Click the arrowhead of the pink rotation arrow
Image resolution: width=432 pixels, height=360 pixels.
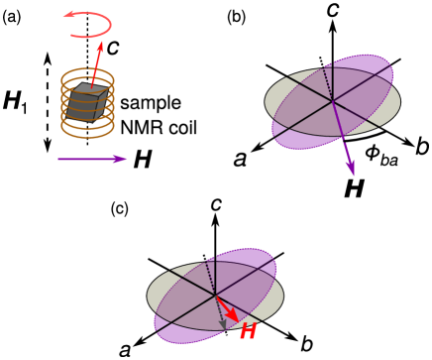click(x=69, y=15)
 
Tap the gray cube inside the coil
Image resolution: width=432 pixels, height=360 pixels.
click(x=86, y=101)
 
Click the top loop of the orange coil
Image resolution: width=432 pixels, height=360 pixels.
click(x=87, y=73)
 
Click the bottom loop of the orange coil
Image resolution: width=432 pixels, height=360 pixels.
click(x=87, y=130)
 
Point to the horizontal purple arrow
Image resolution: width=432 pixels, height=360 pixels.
click(x=89, y=159)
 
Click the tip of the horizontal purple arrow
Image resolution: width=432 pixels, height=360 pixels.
click(x=126, y=159)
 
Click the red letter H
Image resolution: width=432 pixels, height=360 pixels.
click(x=247, y=331)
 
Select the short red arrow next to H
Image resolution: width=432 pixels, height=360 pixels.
click(x=227, y=308)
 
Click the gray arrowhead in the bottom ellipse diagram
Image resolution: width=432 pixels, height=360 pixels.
click(x=223, y=322)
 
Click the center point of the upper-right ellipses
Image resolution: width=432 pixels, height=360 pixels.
click(x=332, y=101)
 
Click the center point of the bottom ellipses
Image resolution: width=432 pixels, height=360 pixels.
click(x=215, y=296)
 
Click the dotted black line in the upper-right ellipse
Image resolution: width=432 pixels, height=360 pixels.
click(x=326, y=83)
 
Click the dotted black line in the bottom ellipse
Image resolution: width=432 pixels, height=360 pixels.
click(x=209, y=277)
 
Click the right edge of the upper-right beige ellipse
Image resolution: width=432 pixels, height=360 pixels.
click(x=399, y=101)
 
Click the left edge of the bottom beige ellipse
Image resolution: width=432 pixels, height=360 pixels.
click(x=149, y=296)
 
